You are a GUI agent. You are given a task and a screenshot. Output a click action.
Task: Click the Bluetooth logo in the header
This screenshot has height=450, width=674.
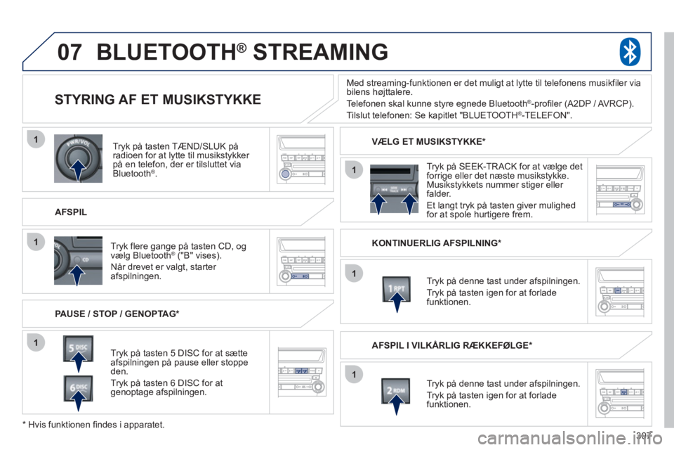[630, 51]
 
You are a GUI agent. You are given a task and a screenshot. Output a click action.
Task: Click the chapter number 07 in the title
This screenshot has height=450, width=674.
[70, 52]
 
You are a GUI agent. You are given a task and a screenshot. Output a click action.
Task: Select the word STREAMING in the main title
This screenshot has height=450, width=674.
[320, 51]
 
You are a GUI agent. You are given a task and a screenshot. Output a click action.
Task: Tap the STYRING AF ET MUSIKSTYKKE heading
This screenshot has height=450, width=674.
[158, 99]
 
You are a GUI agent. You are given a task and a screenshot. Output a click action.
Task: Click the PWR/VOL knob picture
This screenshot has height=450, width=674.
[78, 158]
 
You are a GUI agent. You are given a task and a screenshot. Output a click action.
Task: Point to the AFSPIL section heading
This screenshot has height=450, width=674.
[71, 212]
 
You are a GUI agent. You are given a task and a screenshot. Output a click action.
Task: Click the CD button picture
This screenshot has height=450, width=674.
[78, 261]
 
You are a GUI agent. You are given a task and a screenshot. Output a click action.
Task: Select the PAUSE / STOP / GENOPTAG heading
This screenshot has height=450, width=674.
[117, 314]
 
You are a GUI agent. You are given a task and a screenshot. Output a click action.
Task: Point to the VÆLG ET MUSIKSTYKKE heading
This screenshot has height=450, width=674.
[428, 141]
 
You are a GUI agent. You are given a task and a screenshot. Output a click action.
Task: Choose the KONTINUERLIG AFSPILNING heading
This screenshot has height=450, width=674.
[437, 243]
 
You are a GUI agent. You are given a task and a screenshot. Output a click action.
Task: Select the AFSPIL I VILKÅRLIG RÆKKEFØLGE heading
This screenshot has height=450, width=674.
[452, 345]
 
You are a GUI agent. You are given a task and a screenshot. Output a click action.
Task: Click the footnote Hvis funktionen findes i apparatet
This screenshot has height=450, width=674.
[93, 425]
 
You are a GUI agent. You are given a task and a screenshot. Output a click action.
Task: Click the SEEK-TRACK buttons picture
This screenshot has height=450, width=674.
[394, 189]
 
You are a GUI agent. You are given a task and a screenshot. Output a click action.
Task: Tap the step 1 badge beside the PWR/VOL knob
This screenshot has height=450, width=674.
[36, 139]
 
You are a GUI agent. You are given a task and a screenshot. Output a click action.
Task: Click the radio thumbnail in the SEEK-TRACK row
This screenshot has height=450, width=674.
[620, 190]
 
